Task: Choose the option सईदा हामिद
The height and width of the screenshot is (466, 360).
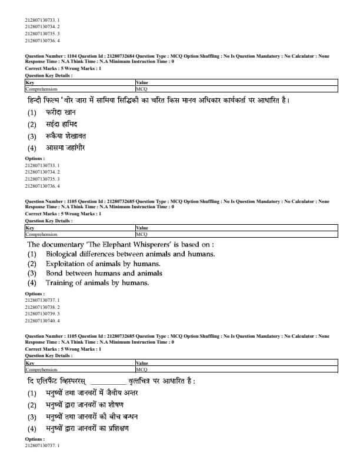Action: coord(62,124)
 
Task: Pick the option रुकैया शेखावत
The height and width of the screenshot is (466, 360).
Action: coord(66,136)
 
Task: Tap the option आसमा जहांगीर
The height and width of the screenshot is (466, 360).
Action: coord(65,148)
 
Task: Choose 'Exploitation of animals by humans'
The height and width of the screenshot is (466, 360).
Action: coord(103,264)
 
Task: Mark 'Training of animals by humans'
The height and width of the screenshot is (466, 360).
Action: coord(97,283)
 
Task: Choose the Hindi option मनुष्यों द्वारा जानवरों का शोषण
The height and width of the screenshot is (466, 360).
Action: coord(97,405)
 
